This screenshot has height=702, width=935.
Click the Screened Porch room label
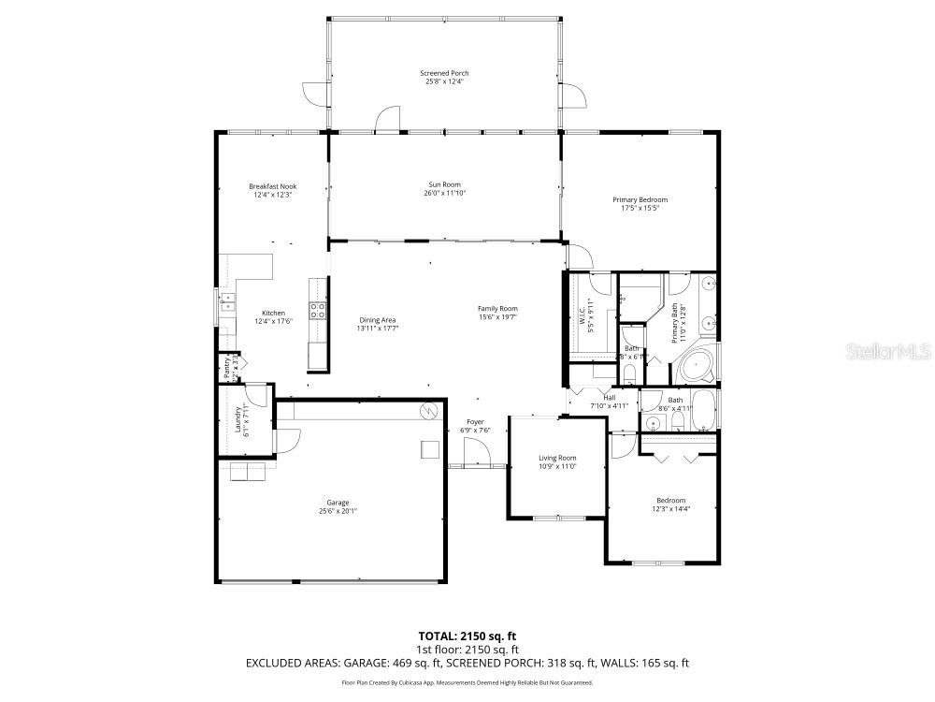(444, 73)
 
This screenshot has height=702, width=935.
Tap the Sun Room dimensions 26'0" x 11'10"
(445, 193)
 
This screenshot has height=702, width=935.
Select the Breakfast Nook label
(273, 186)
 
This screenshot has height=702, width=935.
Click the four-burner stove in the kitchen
(318, 312)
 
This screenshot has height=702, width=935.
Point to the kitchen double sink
(227, 301)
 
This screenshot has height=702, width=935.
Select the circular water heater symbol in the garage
(428, 410)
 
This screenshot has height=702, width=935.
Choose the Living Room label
(557, 458)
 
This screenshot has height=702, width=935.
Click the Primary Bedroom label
(640, 199)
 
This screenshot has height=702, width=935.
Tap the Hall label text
(609, 397)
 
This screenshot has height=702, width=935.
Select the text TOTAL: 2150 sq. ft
(467, 635)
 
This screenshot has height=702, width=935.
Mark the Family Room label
(497, 309)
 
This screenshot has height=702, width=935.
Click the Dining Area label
(377, 320)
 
